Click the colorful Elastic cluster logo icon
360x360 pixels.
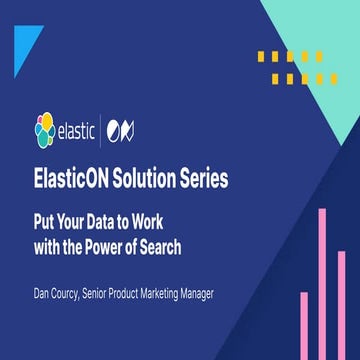45,131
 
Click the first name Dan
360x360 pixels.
45,295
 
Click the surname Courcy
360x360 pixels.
79,295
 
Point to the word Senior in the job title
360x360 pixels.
121,295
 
